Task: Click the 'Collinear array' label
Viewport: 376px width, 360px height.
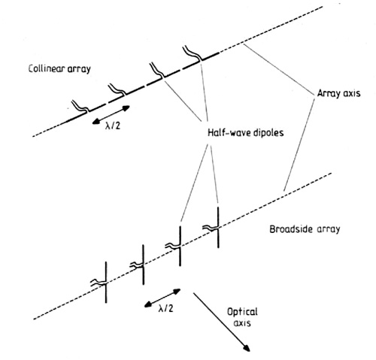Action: (x=59, y=68)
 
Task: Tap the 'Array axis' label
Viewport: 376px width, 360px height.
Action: (x=339, y=93)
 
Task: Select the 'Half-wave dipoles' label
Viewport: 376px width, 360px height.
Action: (x=246, y=132)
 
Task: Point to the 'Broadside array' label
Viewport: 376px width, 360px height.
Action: (x=305, y=229)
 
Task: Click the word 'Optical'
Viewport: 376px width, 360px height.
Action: (x=242, y=312)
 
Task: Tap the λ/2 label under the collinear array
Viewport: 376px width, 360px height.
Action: (x=113, y=126)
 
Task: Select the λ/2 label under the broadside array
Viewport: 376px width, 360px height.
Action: (x=165, y=308)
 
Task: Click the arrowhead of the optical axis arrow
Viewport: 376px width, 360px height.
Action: (x=246, y=348)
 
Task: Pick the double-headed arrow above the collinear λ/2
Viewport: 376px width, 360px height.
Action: (x=111, y=115)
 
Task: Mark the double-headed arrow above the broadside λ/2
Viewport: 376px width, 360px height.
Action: (x=162, y=298)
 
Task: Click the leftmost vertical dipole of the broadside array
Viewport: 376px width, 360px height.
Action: (x=106, y=283)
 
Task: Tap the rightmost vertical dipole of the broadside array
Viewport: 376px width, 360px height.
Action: (x=218, y=228)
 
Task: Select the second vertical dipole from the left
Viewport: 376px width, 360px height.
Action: (x=143, y=265)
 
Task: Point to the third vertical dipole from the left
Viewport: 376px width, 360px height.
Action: (x=180, y=246)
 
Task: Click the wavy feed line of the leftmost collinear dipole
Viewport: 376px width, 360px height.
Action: (x=80, y=107)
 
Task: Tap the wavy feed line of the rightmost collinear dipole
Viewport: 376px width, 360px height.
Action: (x=193, y=53)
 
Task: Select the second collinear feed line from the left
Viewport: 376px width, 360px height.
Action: (x=117, y=90)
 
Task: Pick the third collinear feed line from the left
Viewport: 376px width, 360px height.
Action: (x=157, y=71)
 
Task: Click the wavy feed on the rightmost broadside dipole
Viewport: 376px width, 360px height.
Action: (x=211, y=228)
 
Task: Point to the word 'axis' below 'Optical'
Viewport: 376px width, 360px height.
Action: (x=242, y=323)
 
